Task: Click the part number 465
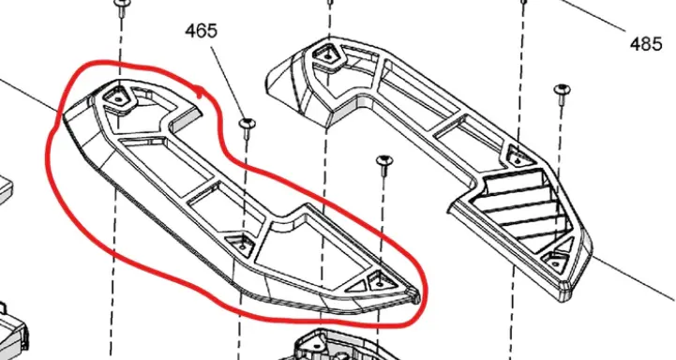click(x=202, y=31)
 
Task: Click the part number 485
click(x=646, y=44)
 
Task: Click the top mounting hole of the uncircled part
click(x=327, y=56)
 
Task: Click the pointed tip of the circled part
click(x=416, y=296)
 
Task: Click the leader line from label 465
click(x=227, y=82)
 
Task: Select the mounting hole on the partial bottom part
click(x=318, y=345)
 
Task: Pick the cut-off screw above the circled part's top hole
click(x=121, y=7)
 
